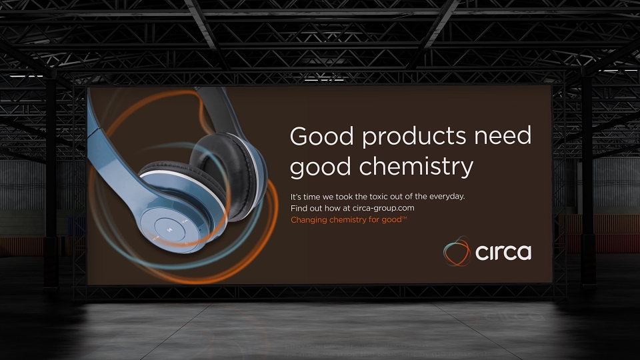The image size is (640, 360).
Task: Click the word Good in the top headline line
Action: point(321,136)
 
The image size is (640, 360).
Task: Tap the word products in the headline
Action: point(414,137)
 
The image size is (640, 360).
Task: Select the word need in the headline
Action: point(503,136)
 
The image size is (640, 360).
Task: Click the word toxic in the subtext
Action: point(379,196)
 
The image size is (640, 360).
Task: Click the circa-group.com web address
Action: point(383,208)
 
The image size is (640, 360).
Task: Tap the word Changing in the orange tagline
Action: point(309,220)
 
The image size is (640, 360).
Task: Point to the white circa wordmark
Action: point(503,252)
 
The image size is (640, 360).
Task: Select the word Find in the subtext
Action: point(299,208)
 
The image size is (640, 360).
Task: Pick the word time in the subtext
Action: point(312,197)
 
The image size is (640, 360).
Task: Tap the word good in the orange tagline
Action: point(391,220)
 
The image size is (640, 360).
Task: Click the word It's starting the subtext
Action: point(295,197)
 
